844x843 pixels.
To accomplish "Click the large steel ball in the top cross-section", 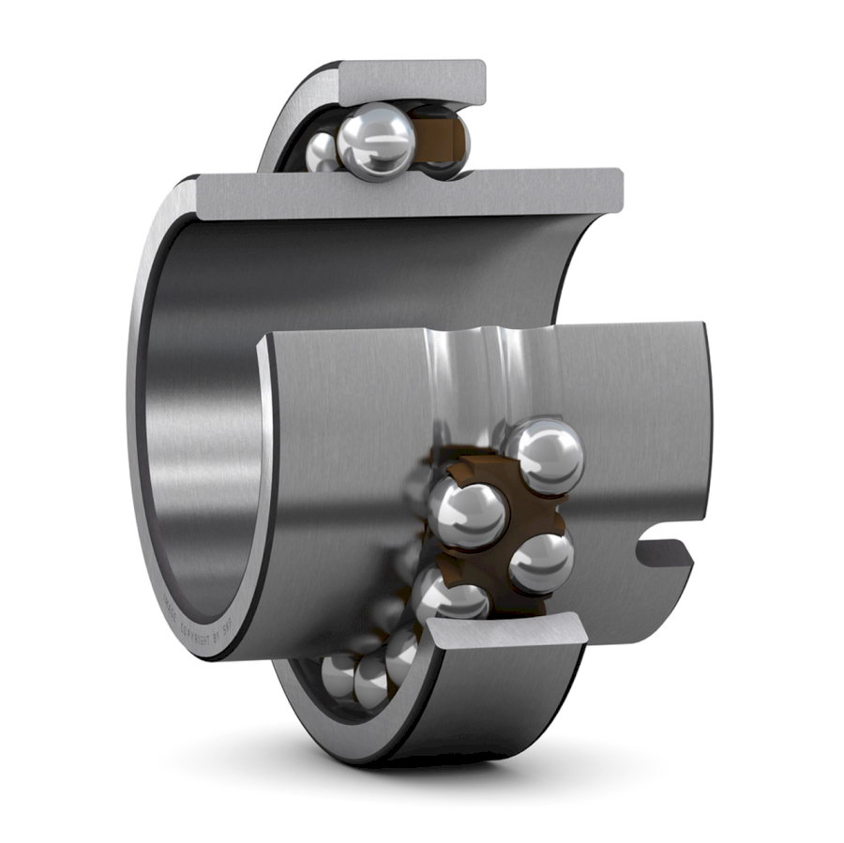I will point(376,142).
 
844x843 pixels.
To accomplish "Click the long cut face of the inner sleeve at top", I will point(413,191).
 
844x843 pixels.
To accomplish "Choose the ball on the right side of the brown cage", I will point(541,563).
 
